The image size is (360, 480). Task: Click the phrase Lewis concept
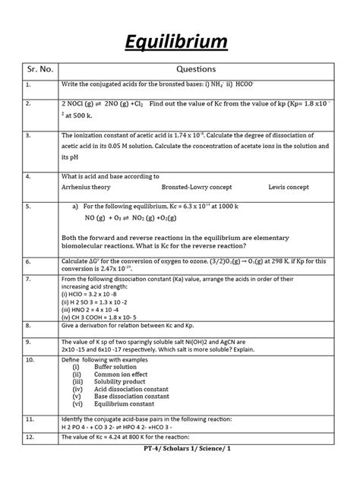point(289,187)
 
